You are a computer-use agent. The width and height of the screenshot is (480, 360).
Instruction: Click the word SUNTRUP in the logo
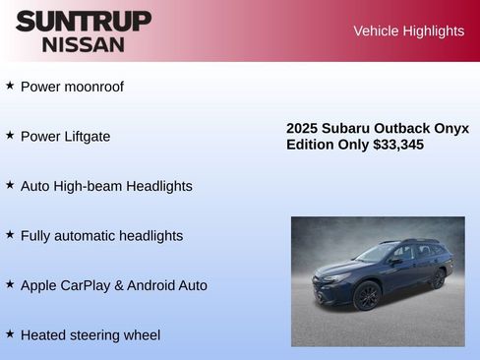(x=84, y=21)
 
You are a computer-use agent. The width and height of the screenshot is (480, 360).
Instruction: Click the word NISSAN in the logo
(x=84, y=44)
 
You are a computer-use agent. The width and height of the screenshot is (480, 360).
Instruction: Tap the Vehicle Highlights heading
(x=408, y=31)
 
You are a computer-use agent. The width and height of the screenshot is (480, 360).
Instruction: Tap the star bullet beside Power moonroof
(x=10, y=86)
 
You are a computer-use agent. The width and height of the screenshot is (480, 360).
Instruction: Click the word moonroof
(x=93, y=87)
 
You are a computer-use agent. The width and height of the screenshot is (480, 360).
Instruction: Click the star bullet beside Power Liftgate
(x=10, y=135)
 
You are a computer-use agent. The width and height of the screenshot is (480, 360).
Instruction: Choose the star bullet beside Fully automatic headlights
(x=10, y=234)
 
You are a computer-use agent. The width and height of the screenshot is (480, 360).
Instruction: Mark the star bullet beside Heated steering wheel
(x=10, y=333)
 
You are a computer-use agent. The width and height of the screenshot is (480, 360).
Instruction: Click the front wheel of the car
(x=368, y=294)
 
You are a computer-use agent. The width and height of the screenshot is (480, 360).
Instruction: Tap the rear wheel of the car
(x=438, y=279)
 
